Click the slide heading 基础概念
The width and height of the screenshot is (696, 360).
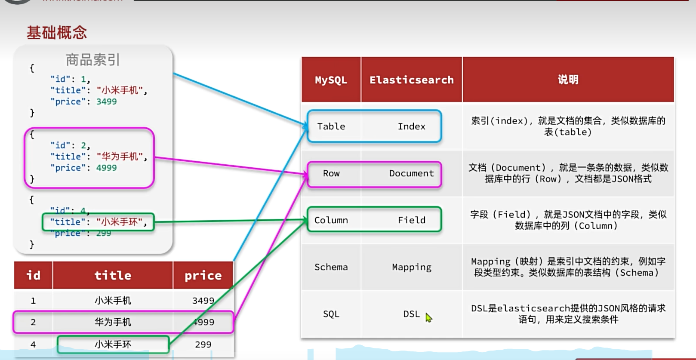57,33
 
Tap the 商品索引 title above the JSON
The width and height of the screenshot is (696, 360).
92,60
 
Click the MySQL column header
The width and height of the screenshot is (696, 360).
331,80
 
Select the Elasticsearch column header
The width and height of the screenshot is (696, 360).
411,80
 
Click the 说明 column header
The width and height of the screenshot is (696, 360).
568,80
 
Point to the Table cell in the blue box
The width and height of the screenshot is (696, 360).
331,126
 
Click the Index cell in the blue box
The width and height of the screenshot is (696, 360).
411,126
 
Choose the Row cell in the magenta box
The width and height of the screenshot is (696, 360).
331,173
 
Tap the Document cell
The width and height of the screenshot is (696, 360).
411,173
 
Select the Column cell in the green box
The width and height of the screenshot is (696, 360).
331,220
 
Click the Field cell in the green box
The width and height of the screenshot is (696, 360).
411,220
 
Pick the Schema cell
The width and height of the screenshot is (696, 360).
331,267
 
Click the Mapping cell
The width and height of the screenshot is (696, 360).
411,267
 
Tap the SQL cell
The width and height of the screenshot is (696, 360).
331,314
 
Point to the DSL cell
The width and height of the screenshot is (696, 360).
411,314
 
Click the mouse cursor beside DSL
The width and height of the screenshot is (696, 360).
428,317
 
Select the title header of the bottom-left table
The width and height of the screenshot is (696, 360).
113,275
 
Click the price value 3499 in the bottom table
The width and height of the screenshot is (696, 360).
203,301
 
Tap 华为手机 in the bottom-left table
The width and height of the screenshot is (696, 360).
113,322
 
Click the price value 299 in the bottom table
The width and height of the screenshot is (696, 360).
203,345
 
